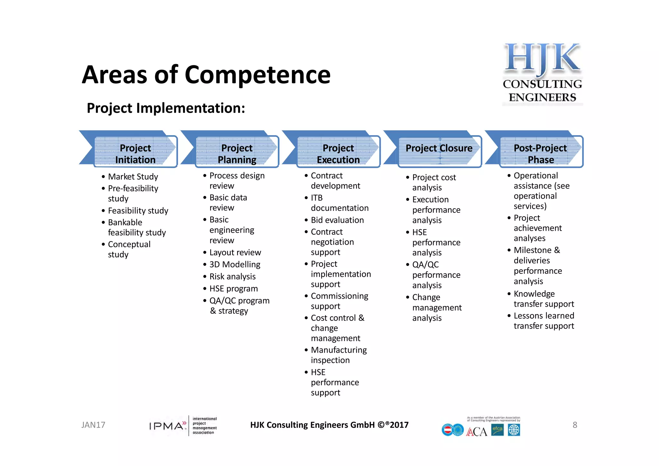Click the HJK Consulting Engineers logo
(x=543, y=73)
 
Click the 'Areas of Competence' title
(x=206, y=75)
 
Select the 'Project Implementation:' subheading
(x=166, y=108)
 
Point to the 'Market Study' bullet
(x=133, y=177)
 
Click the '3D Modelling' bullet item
(x=235, y=265)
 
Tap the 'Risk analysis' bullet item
(x=232, y=276)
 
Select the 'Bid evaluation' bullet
(x=337, y=220)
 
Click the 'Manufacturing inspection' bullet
(x=339, y=355)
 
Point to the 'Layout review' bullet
(x=235, y=253)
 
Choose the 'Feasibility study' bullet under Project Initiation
(x=138, y=211)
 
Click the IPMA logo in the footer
(x=183, y=425)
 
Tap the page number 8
(x=575, y=425)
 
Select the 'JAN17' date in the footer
(x=93, y=425)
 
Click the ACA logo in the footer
(x=477, y=432)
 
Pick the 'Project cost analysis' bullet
(x=434, y=182)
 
